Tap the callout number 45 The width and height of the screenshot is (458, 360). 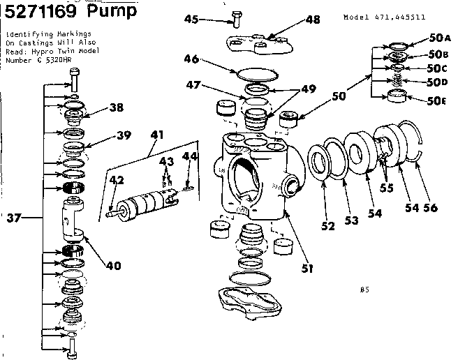192,20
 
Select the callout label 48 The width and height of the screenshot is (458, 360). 313,20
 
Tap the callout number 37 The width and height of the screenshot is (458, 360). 13,219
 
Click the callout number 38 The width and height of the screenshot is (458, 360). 116,108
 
